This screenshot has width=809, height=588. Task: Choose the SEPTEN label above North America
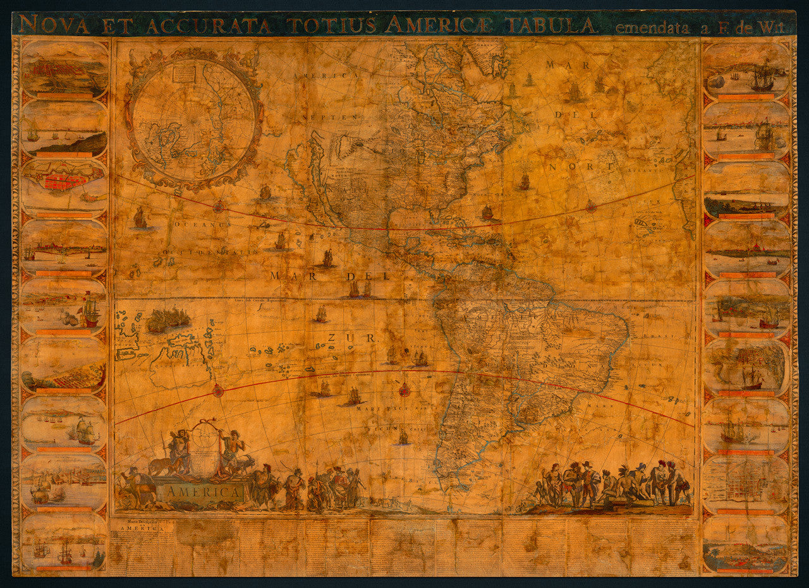pos(342,117)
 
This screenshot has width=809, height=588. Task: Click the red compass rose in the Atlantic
pos(591,206)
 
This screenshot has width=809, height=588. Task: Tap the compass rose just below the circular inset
pos(219,205)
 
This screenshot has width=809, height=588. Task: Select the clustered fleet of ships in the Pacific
pos(168,319)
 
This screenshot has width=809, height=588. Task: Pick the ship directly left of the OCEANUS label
pos(140,218)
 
